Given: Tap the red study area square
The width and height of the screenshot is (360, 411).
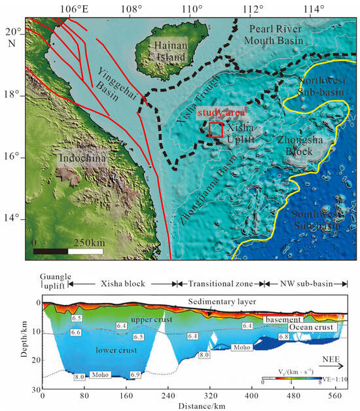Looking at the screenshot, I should click(x=215, y=130).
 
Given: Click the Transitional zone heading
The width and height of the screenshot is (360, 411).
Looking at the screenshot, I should click(x=219, y=283).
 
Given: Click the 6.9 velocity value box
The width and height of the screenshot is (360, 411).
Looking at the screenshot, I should click(x=135, y=374).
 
